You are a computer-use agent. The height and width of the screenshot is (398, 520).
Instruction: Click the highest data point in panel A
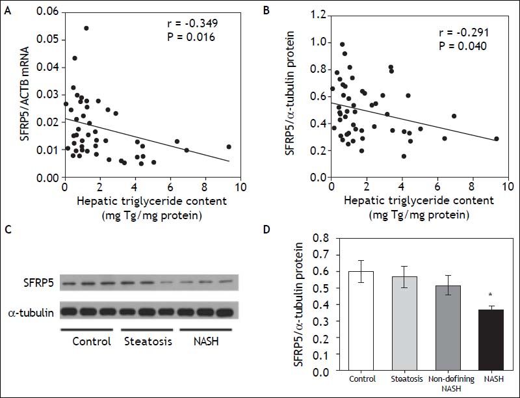(86, 28)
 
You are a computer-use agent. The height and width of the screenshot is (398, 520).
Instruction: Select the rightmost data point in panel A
(228, 147)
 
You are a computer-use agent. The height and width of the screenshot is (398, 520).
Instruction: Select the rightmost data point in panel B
(497, 139)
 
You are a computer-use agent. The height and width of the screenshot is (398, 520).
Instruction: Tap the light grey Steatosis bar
(406, 324)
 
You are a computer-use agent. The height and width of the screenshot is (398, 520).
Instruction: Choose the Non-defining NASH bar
(448, 328)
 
